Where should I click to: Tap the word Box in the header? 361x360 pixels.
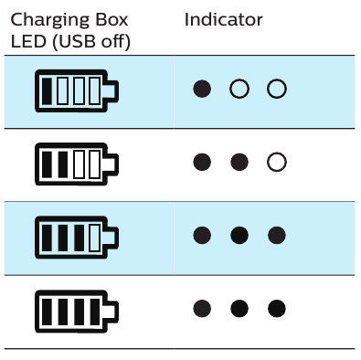pos(110,20)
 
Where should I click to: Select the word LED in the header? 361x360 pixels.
pos(28,42)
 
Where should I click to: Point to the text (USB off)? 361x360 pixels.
pos(89,42)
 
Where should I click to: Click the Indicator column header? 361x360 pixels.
pos(223,19)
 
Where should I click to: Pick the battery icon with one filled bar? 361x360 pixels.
pos(78,90)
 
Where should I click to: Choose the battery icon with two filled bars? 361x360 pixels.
pos(78,164)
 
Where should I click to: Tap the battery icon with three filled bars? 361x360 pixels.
pos(78,237)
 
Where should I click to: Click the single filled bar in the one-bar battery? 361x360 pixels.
pos(48,90)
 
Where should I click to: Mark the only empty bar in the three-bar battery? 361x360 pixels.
pos(95,237)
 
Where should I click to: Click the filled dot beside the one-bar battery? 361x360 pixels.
pos(203,89)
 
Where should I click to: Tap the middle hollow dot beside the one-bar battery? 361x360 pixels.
pos(239,89)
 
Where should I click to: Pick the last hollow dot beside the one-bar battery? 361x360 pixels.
pos(277,89)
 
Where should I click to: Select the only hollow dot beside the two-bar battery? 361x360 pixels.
pos(277,163)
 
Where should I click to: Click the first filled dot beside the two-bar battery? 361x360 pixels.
pos(203,163)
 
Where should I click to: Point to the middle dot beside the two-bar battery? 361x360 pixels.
pos(239,163)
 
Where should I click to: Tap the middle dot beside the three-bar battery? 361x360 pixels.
pos(239,236)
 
